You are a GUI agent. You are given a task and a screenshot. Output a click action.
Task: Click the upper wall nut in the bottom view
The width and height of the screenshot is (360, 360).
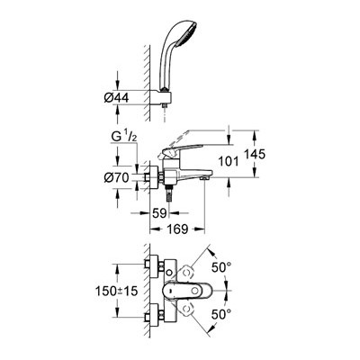coord(155,266)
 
